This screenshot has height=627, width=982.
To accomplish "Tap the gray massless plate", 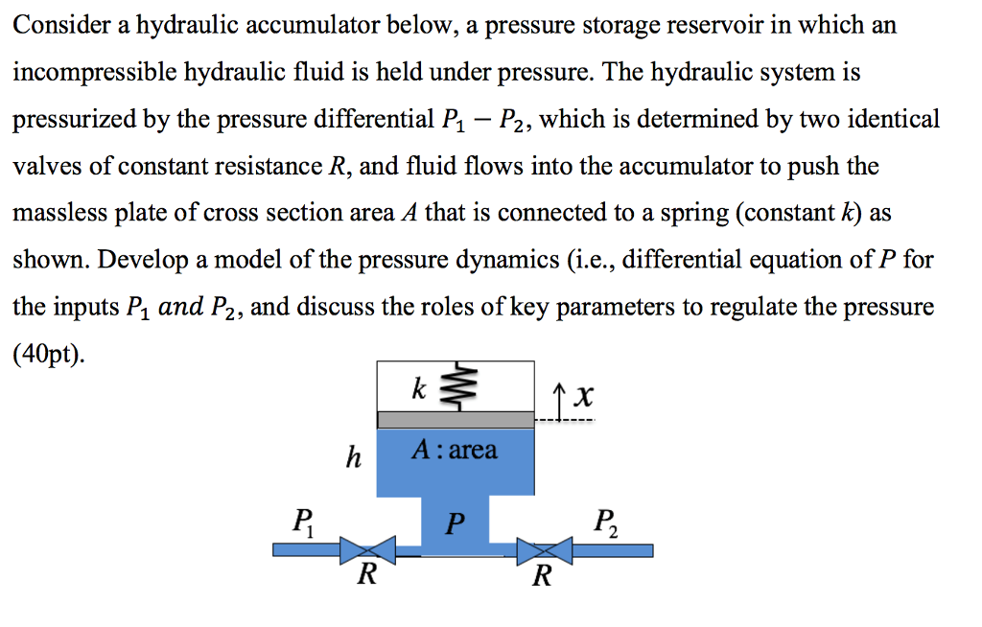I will pyautogui.click(x=455, y=420).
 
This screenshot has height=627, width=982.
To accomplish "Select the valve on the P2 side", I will pyautogui.click(x=544, y=550).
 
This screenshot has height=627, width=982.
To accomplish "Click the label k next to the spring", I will pyautogui.click(x=417, y=388).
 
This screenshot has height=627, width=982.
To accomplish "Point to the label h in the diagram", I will pyautogui.click(x=353, y=458).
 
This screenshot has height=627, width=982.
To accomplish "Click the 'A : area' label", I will pyautogui.click(x=455, y=451).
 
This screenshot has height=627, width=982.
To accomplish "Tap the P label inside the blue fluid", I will pyautogui.click(x=456, y=524).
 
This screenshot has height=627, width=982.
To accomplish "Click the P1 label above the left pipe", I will pyautogui.click(x=301, y=522).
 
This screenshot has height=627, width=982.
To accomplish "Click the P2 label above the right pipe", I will pyautogui.click(x=605, y=522).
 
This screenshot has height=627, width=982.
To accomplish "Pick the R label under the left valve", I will pyautogui.click(x=366, y=576).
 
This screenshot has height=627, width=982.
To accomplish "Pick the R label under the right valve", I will pyautogui.click(x=543, y=576).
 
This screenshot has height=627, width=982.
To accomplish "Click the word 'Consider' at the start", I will pyautogui.click(x=59, y=26).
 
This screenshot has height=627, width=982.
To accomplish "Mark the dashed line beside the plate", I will pyautogui.click(x=565, y=420).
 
